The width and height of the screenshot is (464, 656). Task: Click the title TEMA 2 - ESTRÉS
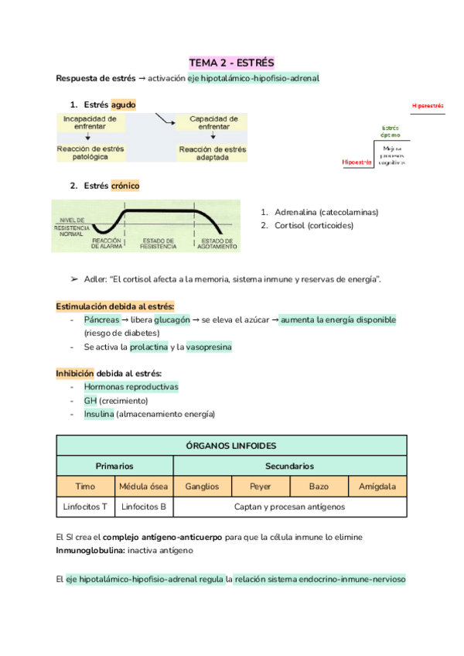click(x=232, y=62)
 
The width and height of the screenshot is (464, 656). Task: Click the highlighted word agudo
click(x=123, y=104)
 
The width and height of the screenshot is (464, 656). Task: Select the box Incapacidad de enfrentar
click(x=90, y=123)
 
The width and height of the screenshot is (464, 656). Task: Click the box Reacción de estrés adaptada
click(x=213, y=151)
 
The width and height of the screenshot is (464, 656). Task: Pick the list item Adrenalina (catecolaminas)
click(x=319, y=212)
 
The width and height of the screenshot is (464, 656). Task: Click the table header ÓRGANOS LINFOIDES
click(x=231, y=446)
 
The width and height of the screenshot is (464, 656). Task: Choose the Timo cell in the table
click(x=85, y=487)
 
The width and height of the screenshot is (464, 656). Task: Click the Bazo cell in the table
click(x=319, y=487)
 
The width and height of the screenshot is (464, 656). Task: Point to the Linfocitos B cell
click(x=144, y=507)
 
